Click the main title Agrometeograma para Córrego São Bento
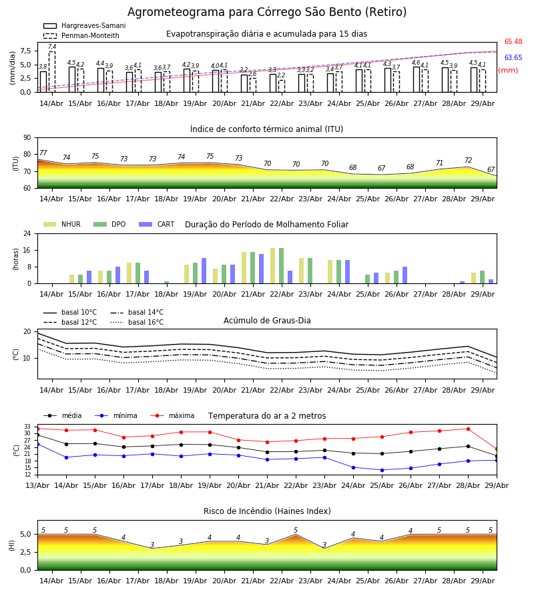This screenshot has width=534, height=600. tap(266, 12)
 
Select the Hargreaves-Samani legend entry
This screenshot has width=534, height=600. tap(84, 25)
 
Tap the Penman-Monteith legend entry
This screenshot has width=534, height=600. tap(81, 35)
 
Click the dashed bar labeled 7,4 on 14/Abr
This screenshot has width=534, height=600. tap(52, 72)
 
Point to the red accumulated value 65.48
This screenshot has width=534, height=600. tap(513, 42)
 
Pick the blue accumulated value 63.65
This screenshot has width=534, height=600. tap(513, 57)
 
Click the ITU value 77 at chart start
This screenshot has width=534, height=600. tap(43, 153)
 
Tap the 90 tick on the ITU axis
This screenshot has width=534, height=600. tap(27, 138)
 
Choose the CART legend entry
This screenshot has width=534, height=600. tap(157, 224)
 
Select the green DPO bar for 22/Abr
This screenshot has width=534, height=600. tap(282, 266)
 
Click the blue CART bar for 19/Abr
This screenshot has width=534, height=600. tap(204, 271)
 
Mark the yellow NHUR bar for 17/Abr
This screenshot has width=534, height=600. tap(129, 273)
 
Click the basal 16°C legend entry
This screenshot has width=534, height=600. tap(137, 322)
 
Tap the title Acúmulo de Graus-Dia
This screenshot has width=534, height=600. tap(267, 320)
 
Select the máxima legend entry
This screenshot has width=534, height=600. tap(172, 415)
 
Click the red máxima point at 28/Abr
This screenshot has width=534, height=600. tap(468, 429)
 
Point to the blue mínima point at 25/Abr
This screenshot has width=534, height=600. tap(382, 470)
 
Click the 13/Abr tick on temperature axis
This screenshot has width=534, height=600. tap(37, 485)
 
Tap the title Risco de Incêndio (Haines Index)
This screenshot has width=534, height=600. tap(267, 511)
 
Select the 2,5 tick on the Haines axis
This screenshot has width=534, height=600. tap(25, 552)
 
